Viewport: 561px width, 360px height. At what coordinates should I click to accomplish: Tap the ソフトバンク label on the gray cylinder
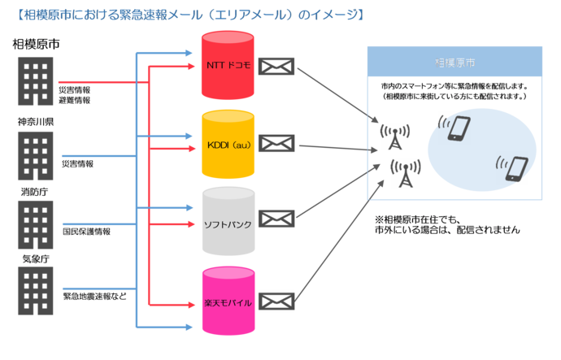click(x=228, y=223)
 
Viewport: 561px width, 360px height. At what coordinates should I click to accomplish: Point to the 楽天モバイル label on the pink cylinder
click(x=228, y=302)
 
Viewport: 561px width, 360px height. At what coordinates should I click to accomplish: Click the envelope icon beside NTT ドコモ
click(x=276, y=66)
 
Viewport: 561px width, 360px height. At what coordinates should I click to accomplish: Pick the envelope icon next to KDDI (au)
click(x=276, y=145)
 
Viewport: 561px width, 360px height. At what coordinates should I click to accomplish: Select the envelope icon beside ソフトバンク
click(x=276, y=219)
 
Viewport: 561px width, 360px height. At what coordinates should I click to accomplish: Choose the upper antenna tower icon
click(x=392, y=137)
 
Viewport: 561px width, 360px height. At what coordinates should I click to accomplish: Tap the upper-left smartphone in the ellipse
click(x=459, y=128)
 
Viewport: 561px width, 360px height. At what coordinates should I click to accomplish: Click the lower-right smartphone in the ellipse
click(x=515, y=167)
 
